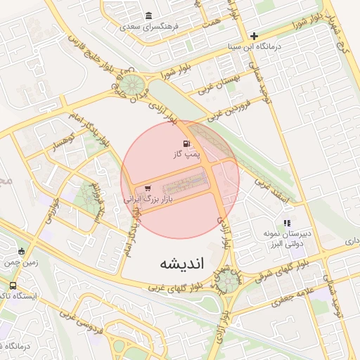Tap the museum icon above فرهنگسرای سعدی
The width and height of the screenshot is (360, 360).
[x=148, y=15]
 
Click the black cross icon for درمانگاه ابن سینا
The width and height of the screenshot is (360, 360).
[x=254, y=36]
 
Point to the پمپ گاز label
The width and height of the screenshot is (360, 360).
[x=188, y=153]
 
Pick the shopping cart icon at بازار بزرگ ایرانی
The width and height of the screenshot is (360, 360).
[x=148, y=188]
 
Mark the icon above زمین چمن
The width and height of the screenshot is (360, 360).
[x=21, y=251]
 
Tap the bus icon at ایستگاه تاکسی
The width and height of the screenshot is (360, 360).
[x=13, y=285]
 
